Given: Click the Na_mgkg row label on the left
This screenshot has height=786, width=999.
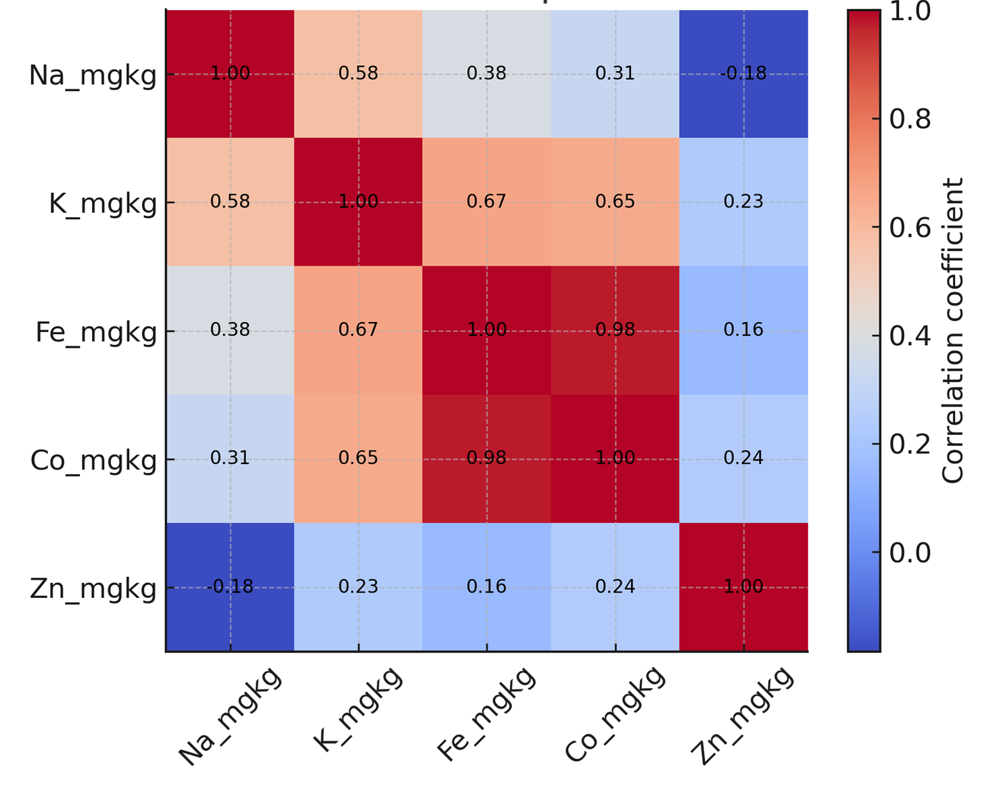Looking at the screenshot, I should click(93, 75).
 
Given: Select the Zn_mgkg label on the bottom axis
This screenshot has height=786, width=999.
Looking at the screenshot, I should click(742, 716).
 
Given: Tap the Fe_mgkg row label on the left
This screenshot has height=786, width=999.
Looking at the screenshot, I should click(95, 332).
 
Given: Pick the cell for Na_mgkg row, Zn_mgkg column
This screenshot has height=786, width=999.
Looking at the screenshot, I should click(743, 74).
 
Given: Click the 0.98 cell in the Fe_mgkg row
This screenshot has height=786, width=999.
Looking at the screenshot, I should click(615, 330).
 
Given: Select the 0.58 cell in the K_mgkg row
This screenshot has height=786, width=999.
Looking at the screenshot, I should click(230, 202).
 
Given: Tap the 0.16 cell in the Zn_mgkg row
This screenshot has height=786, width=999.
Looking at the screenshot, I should click(486, 586).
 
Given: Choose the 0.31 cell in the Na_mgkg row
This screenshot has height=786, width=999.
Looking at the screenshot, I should click(615, 74).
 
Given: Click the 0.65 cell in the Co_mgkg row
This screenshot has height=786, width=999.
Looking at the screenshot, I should click(358, 459).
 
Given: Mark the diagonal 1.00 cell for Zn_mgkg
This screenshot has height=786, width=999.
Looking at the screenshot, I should click(743, 586).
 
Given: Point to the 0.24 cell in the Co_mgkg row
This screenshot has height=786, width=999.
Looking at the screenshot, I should click(743, 459).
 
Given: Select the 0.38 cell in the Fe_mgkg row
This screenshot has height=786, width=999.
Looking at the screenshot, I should click(230, 330).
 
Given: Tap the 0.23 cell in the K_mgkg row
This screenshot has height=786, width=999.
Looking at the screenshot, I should click(743, 202).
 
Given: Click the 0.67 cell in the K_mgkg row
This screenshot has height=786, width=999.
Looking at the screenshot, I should click(486, 202).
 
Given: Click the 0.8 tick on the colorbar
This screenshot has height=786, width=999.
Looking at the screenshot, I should click(909, 119).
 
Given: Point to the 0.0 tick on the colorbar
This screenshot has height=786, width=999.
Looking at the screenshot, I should click(909, 553).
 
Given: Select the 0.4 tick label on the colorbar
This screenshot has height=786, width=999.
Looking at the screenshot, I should click(909, 336).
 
